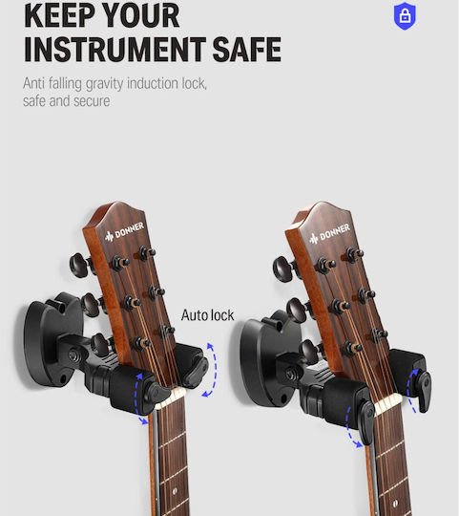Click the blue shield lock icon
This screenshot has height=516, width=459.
(405, 16)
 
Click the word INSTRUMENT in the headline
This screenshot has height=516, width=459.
(115, 50)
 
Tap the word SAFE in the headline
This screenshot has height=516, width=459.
(247, 50)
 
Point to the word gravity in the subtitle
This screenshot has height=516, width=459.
(104, 84)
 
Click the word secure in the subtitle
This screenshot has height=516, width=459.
(92, 101)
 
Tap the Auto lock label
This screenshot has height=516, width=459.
(207, 315)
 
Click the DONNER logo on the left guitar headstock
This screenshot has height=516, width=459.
(124, 231)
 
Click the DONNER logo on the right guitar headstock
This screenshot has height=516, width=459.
(329, 234)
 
